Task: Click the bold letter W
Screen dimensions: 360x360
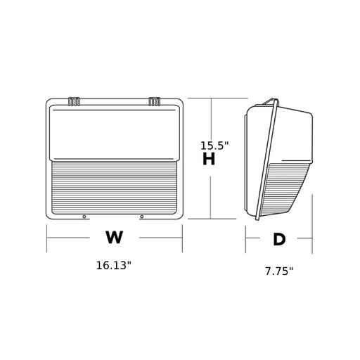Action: (114, 237)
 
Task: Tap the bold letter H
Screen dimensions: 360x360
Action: (209, 159)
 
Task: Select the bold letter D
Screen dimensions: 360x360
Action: (279, 240)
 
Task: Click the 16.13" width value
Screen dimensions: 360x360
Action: (114, 266)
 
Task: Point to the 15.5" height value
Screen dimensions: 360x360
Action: (214, 146)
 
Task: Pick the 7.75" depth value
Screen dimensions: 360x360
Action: (279, 271)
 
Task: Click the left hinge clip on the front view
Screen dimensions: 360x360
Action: (74, 101)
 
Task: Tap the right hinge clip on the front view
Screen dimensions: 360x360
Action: (155, 101)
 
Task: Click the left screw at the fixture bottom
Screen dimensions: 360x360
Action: (84, 217)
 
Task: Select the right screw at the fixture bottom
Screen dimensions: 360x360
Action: (141, 217)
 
